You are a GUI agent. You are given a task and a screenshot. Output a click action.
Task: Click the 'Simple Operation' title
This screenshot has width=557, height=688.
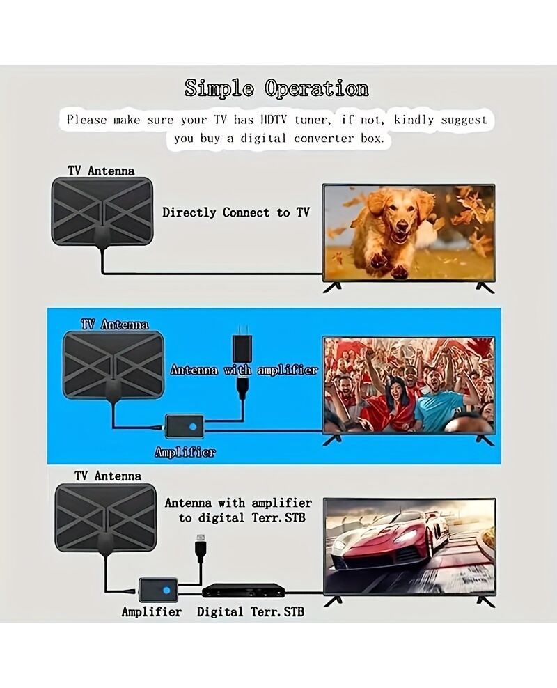[x=276, y=88]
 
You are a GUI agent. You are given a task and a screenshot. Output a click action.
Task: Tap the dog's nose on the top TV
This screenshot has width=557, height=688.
[x=403, y=227]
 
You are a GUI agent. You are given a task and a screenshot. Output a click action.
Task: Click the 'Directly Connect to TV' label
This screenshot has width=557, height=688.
[x=236, y=212]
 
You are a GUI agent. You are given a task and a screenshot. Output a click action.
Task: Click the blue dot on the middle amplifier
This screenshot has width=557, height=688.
[x=193, y=426]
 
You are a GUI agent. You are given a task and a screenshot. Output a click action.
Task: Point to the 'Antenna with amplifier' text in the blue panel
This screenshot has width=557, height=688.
[x=244, y=370]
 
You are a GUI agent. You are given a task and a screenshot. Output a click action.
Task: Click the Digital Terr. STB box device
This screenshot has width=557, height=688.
[x=243, y=590]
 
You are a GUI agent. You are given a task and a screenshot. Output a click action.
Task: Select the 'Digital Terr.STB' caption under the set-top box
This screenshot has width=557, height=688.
[x=251, y=611]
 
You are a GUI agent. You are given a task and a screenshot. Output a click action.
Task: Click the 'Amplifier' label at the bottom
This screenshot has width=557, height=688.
[x=152, y=611]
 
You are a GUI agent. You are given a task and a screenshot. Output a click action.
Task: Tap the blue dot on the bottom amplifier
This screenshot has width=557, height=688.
[x=166, y=590]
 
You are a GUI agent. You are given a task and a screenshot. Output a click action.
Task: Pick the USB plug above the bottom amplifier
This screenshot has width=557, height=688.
[x=201, y=547]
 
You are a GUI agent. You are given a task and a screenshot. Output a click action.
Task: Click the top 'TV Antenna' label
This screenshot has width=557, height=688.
[x=101, y=171]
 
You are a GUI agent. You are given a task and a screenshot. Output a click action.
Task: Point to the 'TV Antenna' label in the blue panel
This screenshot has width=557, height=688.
[x=115, y=325]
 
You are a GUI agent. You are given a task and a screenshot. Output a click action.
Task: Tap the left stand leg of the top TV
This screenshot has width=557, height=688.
[x=332, y=287]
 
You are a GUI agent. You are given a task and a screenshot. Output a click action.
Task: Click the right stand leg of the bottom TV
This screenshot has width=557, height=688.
[x=485, y=601]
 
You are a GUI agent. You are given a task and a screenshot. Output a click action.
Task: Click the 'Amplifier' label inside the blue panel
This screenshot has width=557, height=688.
[x=185, y=452]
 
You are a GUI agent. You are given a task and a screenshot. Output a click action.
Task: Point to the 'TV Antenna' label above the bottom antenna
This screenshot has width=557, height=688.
[x=108, y=476]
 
